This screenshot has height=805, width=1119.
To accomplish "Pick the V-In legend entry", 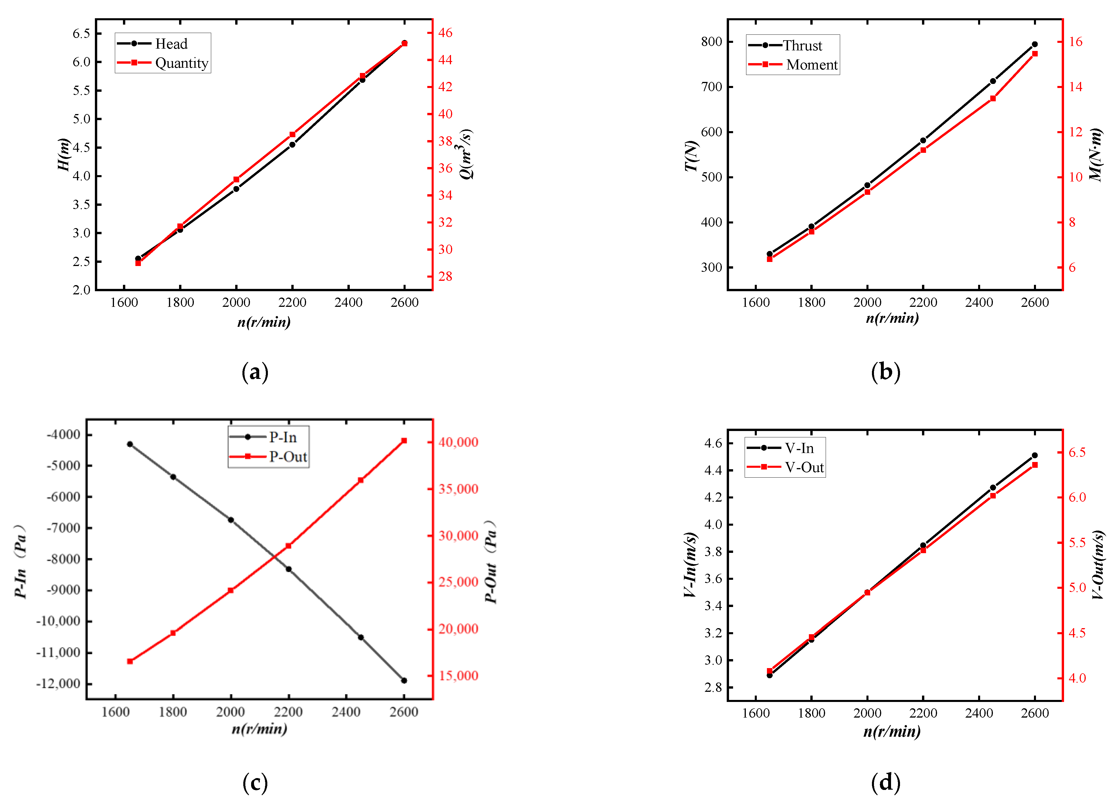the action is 780,448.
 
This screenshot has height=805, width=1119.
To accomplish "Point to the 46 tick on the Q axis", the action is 445,33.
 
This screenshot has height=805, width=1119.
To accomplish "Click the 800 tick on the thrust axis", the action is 711,41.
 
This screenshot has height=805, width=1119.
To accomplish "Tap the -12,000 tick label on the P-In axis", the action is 58,684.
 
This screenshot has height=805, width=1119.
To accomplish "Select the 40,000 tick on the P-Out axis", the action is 458,442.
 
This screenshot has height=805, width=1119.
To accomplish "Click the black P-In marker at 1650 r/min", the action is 130,444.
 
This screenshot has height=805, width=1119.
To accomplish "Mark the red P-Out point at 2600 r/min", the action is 404,441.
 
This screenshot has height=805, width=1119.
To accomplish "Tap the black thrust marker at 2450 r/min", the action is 993,81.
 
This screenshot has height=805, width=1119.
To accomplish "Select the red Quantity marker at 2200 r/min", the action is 292,134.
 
